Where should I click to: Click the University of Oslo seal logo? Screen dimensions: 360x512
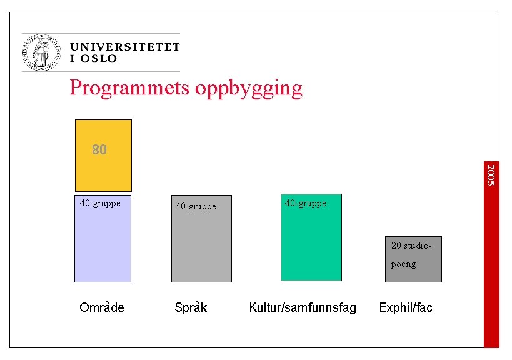42,52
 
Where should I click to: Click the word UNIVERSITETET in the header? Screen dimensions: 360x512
125,47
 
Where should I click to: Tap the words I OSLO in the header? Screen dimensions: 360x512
94,59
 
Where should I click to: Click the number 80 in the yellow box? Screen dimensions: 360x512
99,150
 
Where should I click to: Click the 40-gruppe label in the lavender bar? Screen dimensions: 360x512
100,203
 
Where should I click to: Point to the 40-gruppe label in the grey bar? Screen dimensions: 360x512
196,206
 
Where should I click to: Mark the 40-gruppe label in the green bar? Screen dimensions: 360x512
305,203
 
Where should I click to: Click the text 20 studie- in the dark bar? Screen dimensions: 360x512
411,245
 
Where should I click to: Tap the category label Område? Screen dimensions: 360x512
102,307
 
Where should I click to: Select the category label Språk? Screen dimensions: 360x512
191,307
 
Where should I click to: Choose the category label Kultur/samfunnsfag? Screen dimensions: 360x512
303,307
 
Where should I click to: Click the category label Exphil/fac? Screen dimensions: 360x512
406,307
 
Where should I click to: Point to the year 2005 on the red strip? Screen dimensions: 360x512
491,174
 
